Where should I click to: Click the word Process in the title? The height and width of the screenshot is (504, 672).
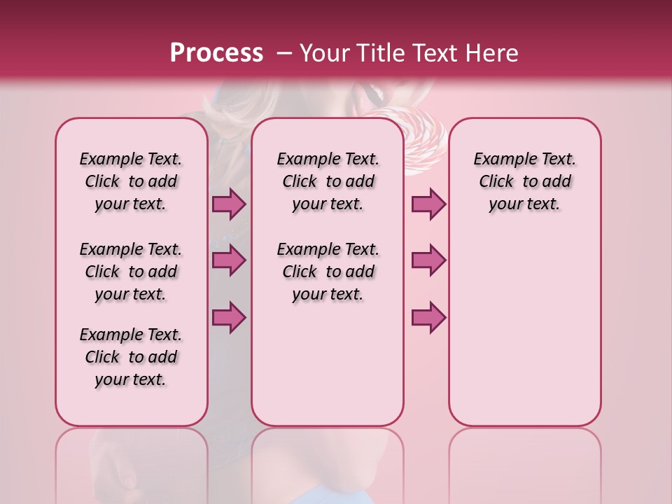[x=216, y=52]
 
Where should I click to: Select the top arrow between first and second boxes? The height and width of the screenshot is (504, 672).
[x=229, y=204]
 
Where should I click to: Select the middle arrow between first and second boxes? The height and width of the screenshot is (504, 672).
[x=229, y=260]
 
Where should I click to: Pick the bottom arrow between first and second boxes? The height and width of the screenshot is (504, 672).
[x=229, y=317]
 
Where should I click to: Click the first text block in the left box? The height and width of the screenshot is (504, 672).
[x=131, y=181]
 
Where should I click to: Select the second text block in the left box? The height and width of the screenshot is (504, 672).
[x=131, y=272]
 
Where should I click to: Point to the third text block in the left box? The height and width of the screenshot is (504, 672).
[x=131, y=357]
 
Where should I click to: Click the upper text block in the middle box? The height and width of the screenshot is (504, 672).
[x=328, y=181]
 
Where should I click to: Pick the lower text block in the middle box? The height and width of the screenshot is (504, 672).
[x=328, y=272]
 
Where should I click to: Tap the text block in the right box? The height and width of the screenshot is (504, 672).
[x=524, y=181]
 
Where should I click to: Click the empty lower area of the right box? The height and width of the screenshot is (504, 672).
[x=524, y=336]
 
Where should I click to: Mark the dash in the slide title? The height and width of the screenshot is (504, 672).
[x=284, y=53]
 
